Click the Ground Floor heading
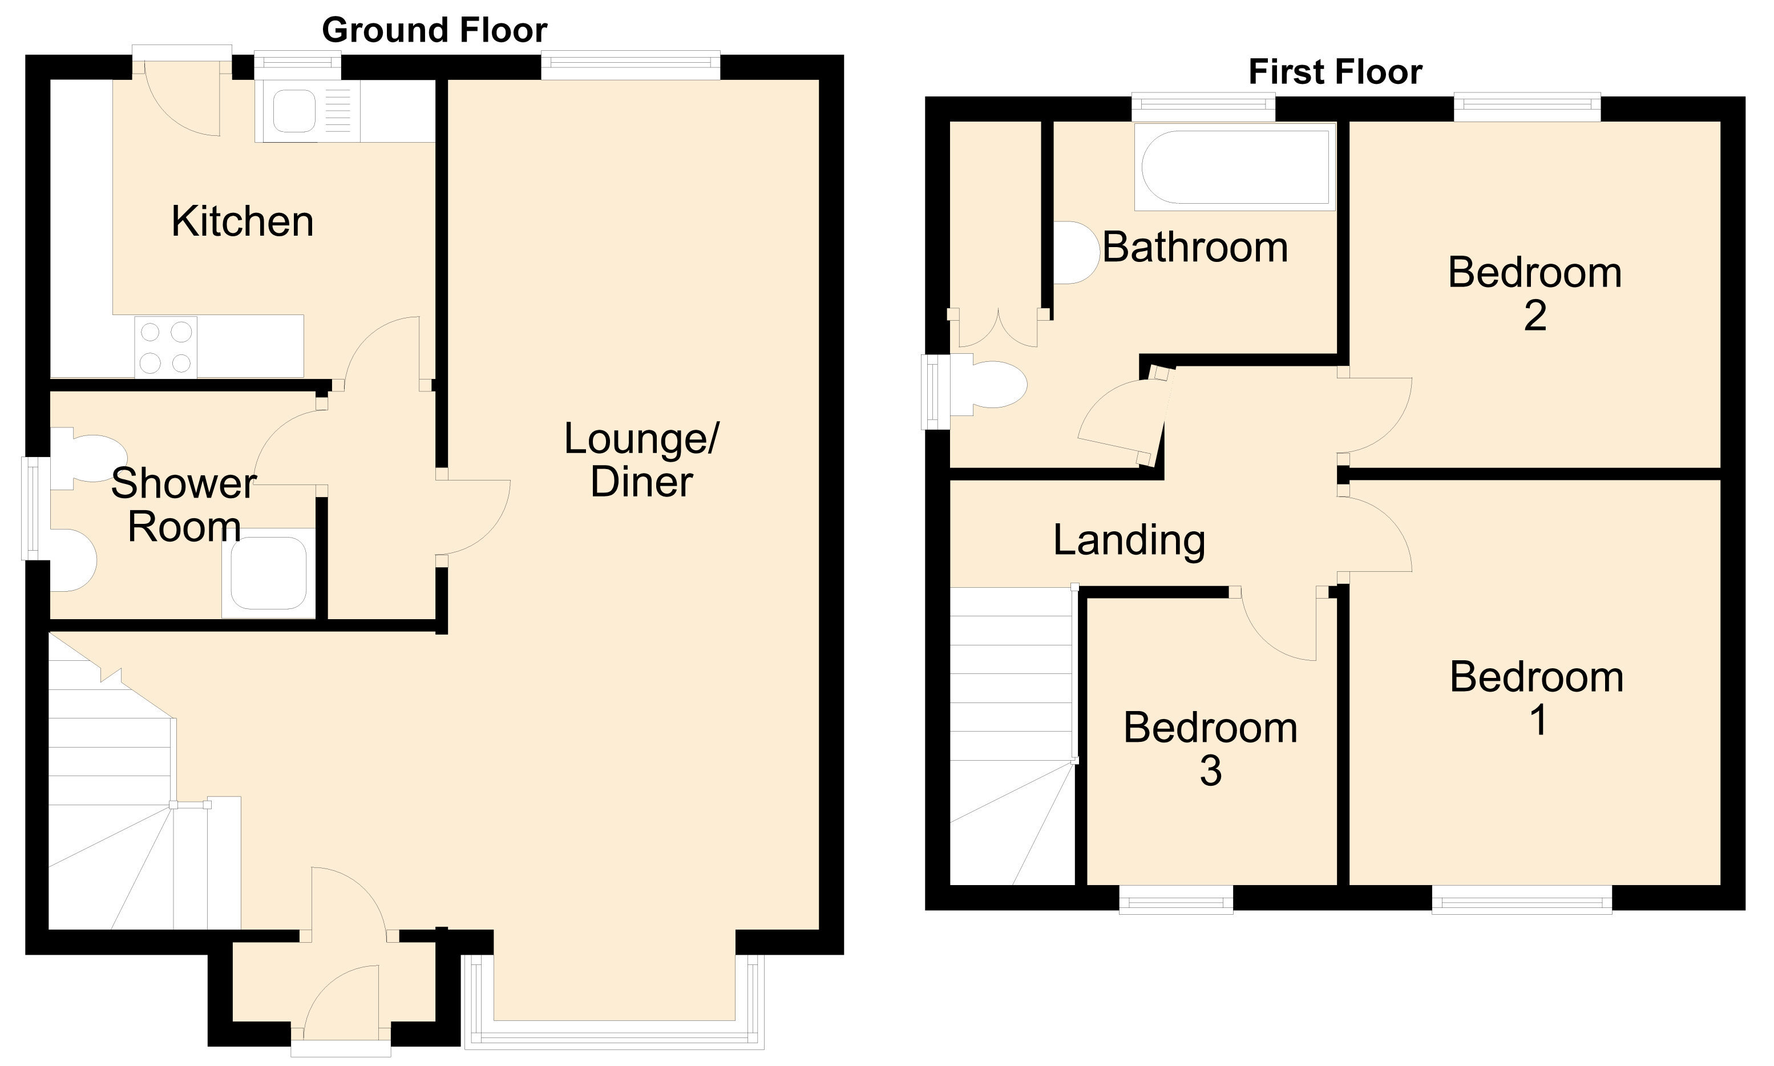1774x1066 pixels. pos(435,30)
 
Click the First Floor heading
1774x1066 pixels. pos(1335,72)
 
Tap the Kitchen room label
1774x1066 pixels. pos(243,221)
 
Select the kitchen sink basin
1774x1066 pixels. pos(294,111)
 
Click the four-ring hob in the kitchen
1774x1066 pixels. pos(166,347)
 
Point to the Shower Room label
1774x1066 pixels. pos(184,504)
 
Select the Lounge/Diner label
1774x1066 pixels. pos(641,460)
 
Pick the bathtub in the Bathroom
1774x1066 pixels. pos(1235,167)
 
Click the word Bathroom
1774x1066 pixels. pos(1195,248)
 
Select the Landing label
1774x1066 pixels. pos(1129,540)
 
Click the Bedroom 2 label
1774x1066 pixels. pos(1535,294)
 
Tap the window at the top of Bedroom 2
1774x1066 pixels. pos(1528,107)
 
